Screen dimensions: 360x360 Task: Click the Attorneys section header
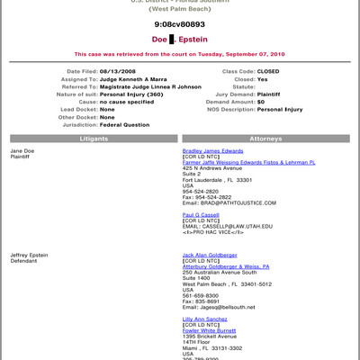(265, 139)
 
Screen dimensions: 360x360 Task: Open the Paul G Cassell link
(203, 215)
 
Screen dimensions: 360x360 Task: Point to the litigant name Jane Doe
(22, 151)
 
